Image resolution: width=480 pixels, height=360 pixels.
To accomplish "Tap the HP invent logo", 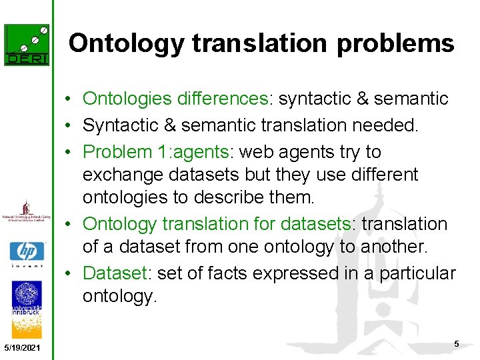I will tap(27, 253).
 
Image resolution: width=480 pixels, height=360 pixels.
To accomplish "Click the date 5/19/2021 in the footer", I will tap(21, 349).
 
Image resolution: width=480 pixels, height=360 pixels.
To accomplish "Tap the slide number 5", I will tap(457, 343).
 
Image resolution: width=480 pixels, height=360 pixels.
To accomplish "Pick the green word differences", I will tap(222, 99).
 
